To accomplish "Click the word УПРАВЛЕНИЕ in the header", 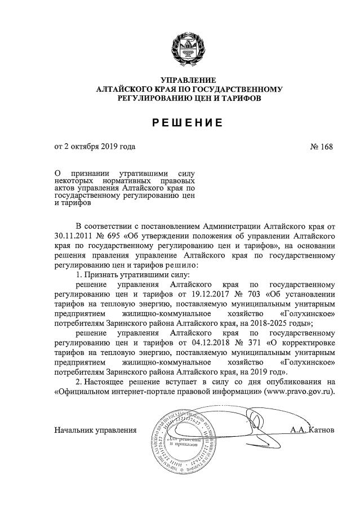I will coord(189,80).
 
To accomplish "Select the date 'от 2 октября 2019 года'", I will coord(95,148).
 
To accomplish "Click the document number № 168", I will coord(322,148).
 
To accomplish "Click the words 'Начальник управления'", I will coord(95,431).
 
